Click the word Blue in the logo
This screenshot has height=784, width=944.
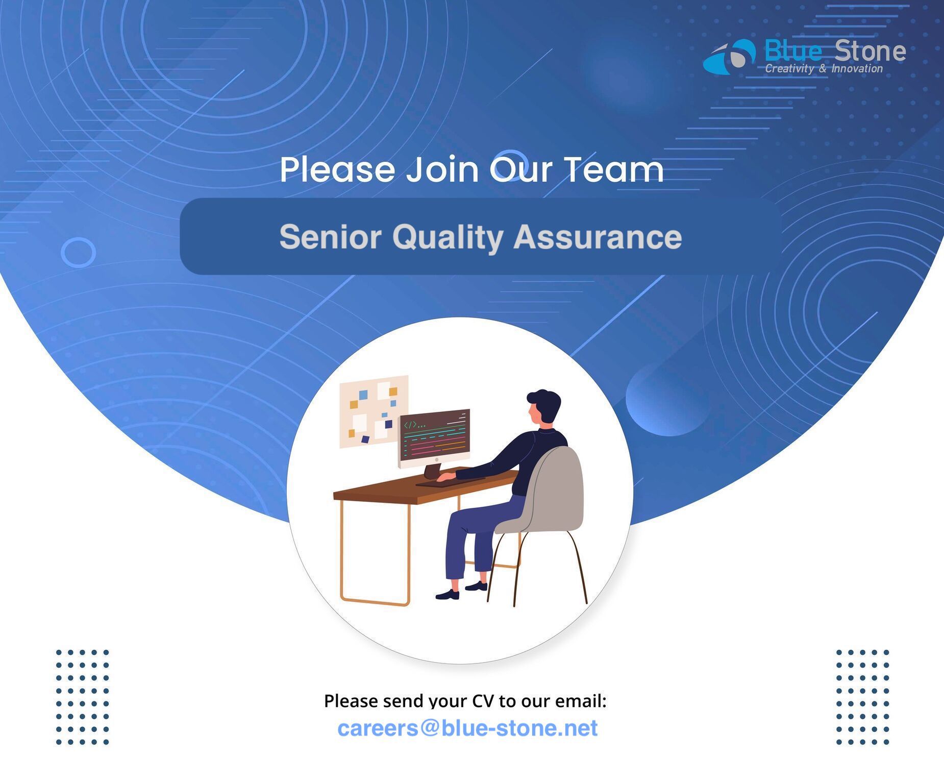coord(793,51)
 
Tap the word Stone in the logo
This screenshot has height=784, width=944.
coord(870,51)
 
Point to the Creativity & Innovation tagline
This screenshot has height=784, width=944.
coord(824,69)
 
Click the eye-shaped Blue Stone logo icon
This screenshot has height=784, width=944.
coord(729,57)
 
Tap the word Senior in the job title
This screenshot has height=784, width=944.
coord(330,237)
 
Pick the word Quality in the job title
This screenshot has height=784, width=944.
coord(448,238)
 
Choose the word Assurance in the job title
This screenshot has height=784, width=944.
coord(598,237)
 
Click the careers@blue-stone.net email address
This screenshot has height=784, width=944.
coord(467,728)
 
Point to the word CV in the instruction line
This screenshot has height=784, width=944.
coord(483,701)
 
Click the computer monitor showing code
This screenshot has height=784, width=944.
coord(434,438)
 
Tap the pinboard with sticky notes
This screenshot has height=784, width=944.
coord(374,411)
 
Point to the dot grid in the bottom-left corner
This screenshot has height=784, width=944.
coord(82,697)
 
